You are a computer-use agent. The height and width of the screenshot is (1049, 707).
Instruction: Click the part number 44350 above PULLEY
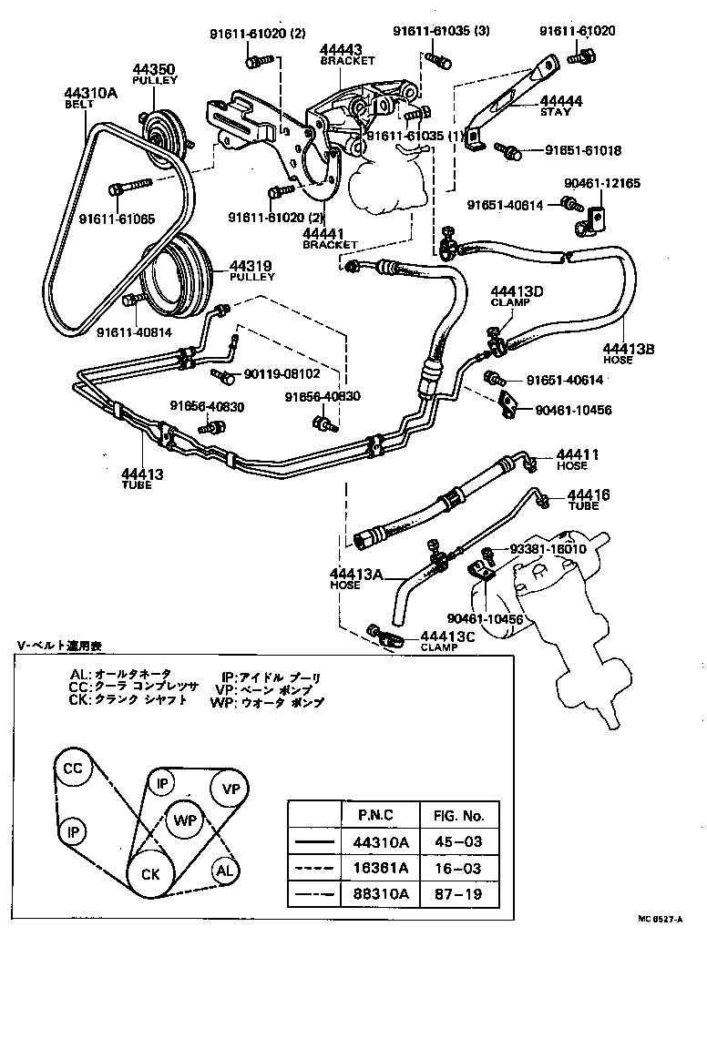tap(156, 68)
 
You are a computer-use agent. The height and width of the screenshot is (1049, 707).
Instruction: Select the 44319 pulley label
tap(251, 266)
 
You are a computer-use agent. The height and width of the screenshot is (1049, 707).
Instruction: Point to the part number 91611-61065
tap(116, 219)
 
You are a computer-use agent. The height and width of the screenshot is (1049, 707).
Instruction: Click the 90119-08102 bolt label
tap(282, 373)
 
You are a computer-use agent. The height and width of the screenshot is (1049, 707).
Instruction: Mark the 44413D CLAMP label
tap(517, 292)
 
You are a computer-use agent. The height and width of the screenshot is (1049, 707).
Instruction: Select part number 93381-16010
tap(548, 550)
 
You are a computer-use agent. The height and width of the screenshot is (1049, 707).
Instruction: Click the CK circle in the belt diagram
tap(150, 874)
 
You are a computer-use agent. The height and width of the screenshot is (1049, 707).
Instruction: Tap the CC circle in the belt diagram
tap(73, 769)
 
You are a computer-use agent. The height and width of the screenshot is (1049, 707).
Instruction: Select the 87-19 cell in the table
tap(458, 895)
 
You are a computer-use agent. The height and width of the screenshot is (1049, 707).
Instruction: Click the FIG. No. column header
tap(458, 815)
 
